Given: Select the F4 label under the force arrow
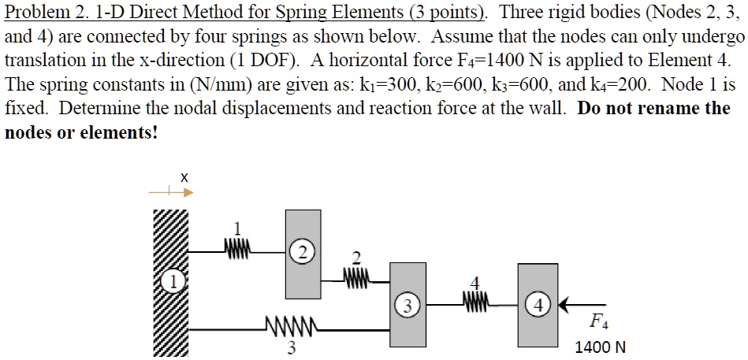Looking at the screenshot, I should pyautogui.click(x=599, y=322).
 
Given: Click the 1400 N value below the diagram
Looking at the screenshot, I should pyautogui.click(x=601, y=347).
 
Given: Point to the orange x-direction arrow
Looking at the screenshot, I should pyautogui.click(x=170, y=191).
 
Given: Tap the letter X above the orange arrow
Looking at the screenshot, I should pyautogui.click(x=183, y=178).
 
